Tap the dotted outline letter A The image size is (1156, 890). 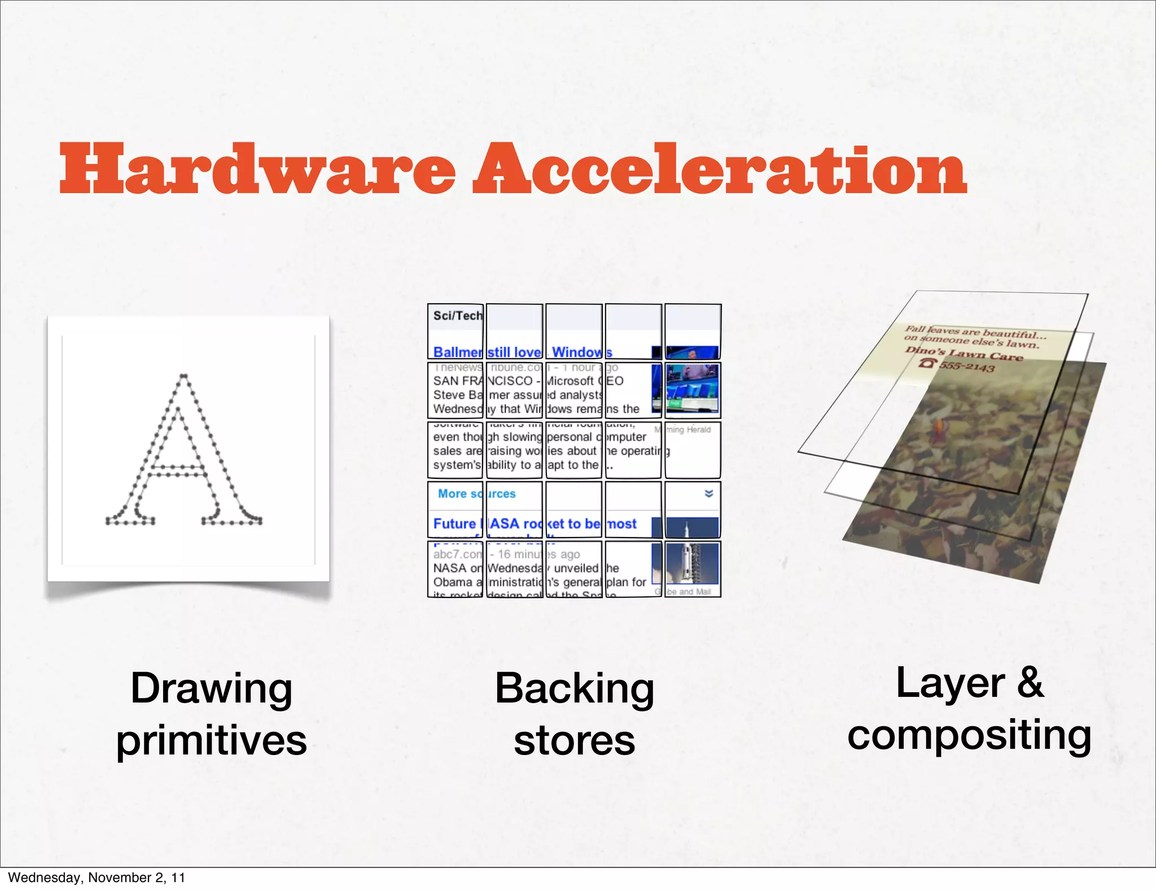click(x=184, y=452)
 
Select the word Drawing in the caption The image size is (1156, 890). click(x=211, y=688)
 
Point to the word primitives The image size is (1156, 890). click(x=211, y=740)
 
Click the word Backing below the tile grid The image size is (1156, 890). click(x=574, y=688)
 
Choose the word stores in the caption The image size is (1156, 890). click(x=574, y=740)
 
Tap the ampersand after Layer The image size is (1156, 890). click(x=1030, y=683)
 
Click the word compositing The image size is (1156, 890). click(x=969, y=735)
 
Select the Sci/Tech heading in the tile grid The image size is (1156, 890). click(x=458, y=316)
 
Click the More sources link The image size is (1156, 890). click(x=476, y=494)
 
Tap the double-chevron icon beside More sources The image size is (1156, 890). click(x=709, y=494)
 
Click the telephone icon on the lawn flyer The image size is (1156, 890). click(x=926, y=363)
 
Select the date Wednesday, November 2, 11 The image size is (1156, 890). click(x=97, y=878)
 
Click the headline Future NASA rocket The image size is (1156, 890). click(x=534, y=524)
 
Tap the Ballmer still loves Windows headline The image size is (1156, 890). click(x=522, y=352)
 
